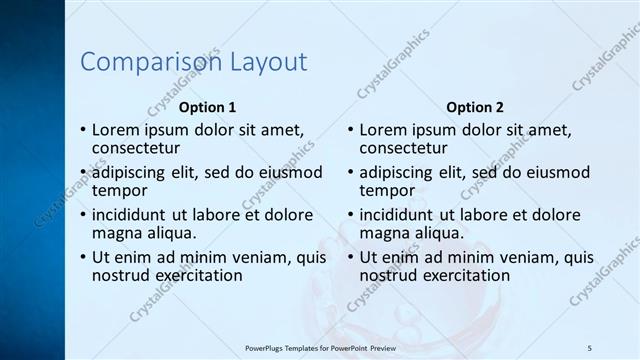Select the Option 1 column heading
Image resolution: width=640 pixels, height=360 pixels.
[x=207, y=107]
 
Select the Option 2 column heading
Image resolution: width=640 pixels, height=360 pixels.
[x=475, y=107]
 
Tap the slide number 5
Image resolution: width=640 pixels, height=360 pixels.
[x=590, y=347]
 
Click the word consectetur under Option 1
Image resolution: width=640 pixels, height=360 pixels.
[x=136, y=149]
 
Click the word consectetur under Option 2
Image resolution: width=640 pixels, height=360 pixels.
[x=404, y=149]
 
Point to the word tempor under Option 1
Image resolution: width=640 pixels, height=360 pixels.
[x=119, y=190]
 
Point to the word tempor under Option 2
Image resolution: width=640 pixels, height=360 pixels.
[x=387, y=190]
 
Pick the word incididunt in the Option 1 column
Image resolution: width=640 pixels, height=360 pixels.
[x=129, y=214]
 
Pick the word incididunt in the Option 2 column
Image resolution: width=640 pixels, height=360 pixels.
[x=397, y=214]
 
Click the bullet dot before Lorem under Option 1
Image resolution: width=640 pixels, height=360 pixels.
[x=83, y=131]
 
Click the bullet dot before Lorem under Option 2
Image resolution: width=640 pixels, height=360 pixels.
[x=351, y=131]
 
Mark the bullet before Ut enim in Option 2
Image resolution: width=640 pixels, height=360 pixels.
[x=351, y=257]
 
